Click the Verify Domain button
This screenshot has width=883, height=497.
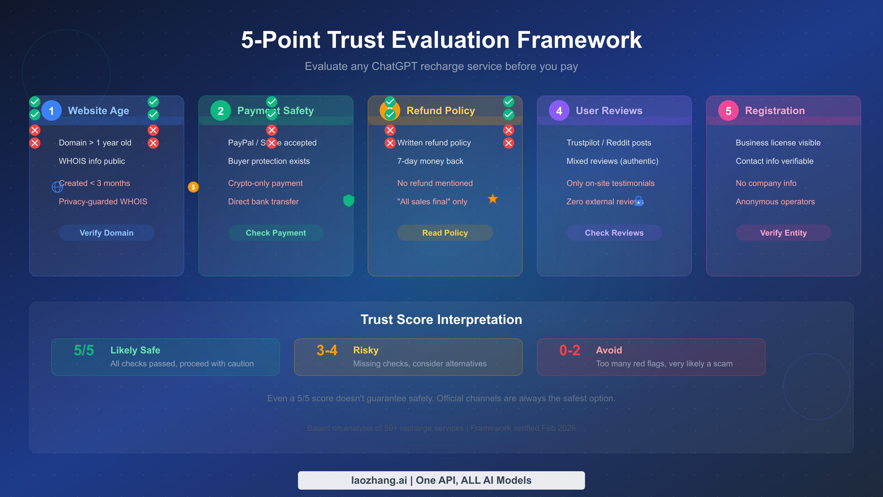point(107,233)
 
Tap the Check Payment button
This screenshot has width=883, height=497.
point(276,233)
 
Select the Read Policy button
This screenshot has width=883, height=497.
point(445,233)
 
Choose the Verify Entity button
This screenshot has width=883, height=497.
point(784,233)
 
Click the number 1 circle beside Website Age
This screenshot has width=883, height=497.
point(52,110)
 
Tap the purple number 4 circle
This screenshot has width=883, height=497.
point(559,110)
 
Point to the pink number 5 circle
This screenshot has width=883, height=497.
point(728,110)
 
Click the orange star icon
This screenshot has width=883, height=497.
point(493,199)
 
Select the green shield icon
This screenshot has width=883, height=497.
point(348,200)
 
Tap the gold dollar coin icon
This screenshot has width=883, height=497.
point(193,187)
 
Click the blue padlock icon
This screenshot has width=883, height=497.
point(639,201)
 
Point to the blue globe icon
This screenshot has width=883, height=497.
point(57,187)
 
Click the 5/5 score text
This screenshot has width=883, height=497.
point(84,350)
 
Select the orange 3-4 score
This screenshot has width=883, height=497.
point(327,350)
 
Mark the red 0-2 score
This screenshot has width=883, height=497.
point(570,350)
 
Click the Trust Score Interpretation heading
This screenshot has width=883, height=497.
point(441,320)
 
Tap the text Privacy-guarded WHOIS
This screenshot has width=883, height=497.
point(103,202)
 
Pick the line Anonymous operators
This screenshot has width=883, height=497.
point(775,202)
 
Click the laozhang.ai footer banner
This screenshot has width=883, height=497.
point(441,480)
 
